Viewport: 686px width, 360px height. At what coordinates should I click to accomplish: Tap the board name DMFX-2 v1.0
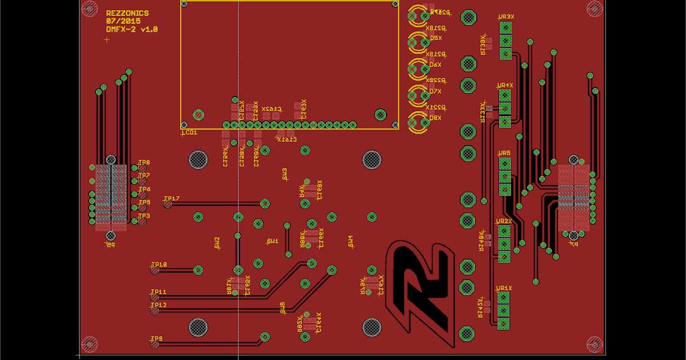(131, 29)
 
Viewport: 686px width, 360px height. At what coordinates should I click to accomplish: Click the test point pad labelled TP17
(167, 203)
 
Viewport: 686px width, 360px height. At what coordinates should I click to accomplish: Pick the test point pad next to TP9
(155, 344)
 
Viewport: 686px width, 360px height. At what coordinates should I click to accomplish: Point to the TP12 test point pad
(155, 310)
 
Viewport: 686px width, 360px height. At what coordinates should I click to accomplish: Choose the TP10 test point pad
(155, 270)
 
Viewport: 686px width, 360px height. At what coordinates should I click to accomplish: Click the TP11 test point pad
(155, 297)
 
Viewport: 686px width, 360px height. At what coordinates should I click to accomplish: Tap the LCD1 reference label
(189, 133)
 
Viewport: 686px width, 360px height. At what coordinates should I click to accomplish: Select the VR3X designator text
(506, 17)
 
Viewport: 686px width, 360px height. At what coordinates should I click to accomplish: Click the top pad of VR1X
(504, 297)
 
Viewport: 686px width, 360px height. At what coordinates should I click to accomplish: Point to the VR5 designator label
(504, 153)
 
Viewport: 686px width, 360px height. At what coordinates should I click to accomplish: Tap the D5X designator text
(435, 38)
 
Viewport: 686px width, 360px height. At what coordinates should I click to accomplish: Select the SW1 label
(273, 241)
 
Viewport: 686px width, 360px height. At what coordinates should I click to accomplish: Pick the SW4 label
(351, 241)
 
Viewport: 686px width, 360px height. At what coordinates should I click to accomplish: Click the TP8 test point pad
(142, 168)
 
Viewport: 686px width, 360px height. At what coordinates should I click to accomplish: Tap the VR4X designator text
(506, 85)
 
